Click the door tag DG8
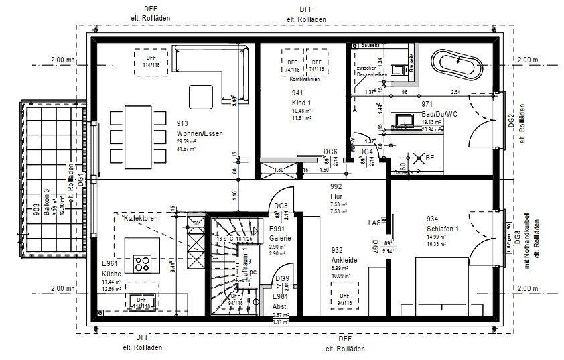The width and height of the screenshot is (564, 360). pos(282,206)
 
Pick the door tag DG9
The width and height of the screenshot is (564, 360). pos(283,278)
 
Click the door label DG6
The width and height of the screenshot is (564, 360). pos(329,152)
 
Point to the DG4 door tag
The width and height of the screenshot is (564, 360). pos(365,152)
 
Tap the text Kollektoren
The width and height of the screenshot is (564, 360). pos(139,218)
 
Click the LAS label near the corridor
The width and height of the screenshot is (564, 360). pos(374,221)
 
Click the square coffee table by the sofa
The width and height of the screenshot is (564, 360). pos(200,96)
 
